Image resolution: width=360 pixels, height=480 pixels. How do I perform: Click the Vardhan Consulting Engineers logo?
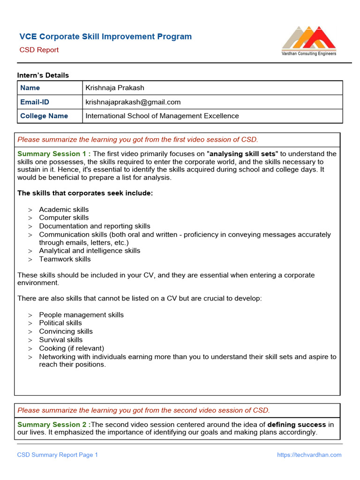(308, 41)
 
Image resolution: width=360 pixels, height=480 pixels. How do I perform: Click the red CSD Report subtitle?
(39, 50)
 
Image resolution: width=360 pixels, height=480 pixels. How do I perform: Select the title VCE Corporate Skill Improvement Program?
(105, 37)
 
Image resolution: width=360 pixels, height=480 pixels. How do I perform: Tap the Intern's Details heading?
(43, 75)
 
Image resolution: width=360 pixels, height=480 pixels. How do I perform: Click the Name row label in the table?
(30, 88)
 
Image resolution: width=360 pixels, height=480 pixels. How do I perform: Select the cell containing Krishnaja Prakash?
(115, 88)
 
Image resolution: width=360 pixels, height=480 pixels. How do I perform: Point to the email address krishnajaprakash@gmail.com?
(133, 102)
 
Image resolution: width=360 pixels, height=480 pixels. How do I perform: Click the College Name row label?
(44, 116)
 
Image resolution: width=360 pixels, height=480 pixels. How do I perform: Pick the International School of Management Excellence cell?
(162, 116)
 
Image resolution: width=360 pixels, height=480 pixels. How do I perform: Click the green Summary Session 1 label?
(54, 154)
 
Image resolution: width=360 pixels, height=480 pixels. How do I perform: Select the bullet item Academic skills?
(64, 210)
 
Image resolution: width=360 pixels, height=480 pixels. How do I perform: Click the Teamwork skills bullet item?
(65, 259)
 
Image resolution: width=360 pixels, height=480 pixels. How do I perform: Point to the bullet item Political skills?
(60, 323)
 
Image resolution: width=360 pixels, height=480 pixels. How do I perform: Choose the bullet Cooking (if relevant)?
(71, 348)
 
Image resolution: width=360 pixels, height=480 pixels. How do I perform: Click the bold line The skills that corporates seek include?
(85, 193)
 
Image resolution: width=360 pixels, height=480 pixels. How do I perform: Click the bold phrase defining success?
(296, 425)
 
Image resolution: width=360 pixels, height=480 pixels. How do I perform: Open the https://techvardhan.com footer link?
(309, 455)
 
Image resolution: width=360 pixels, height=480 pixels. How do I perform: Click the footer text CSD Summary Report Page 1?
(58, 455)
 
